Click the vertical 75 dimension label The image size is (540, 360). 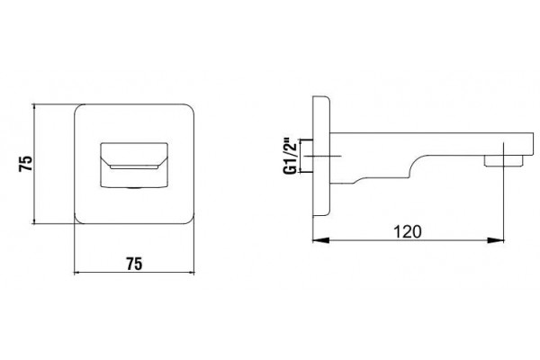pos(26,164)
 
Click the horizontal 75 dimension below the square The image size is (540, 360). pos(134,264)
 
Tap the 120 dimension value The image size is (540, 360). pos(408,232)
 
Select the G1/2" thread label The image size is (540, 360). pos(290,156)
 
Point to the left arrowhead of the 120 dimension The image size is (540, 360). pos(321,240)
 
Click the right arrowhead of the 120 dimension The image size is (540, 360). pos(495,240)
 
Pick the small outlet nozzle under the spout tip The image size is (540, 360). pos(503,161)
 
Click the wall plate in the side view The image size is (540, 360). pos(321,156)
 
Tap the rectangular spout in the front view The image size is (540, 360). pos(134,165)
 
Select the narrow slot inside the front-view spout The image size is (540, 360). pos(134,167)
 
